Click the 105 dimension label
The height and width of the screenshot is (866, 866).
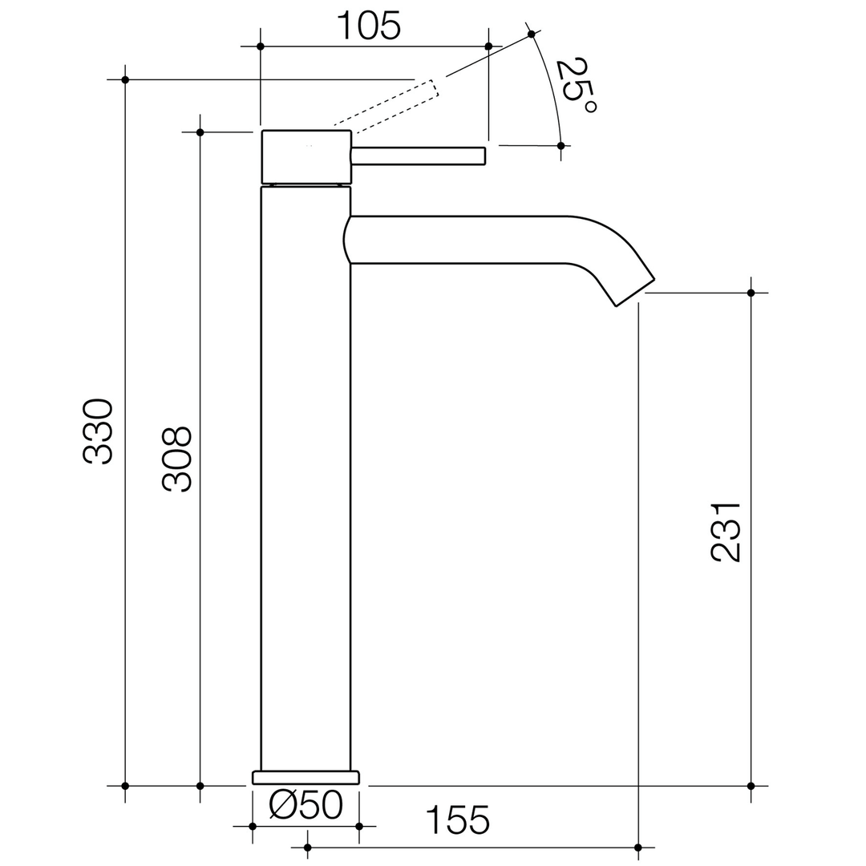point(368,26)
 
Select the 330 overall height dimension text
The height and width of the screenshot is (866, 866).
point(99,431)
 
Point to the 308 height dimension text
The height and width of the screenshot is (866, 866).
point(177,459)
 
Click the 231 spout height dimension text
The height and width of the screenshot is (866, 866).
point(726,532)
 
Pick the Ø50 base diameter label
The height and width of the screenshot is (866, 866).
point(306,804)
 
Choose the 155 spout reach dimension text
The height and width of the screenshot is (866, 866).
point(457,820)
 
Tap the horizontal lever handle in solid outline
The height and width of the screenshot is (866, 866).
point(419,156)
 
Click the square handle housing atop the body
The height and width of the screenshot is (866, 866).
point(306,156)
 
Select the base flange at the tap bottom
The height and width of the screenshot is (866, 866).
point(306,777)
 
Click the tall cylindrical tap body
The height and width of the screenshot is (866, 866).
point(306,481)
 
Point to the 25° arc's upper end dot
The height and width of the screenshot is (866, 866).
point(531,34)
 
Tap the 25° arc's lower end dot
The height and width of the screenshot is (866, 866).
point(560,146)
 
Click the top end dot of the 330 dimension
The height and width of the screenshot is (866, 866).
point(125,79)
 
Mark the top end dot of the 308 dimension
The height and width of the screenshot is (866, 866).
point(200,132)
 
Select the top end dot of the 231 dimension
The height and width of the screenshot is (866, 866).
point(751,293)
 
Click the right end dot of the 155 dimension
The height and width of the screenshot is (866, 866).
point(638,847)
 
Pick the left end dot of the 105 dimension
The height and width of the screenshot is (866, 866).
point(261,47)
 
